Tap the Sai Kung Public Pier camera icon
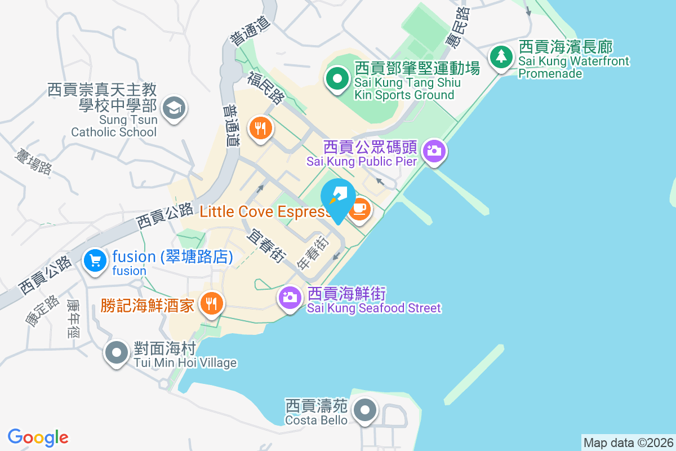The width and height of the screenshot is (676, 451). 434,151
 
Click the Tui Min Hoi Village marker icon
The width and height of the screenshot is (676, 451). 117,352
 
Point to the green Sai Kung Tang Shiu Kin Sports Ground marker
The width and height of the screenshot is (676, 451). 337,79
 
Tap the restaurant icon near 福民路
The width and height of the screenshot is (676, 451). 260,129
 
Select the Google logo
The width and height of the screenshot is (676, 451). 38,437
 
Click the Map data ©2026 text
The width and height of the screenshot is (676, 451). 628,443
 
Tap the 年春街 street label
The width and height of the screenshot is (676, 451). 313,252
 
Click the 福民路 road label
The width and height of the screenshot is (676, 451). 266,88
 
